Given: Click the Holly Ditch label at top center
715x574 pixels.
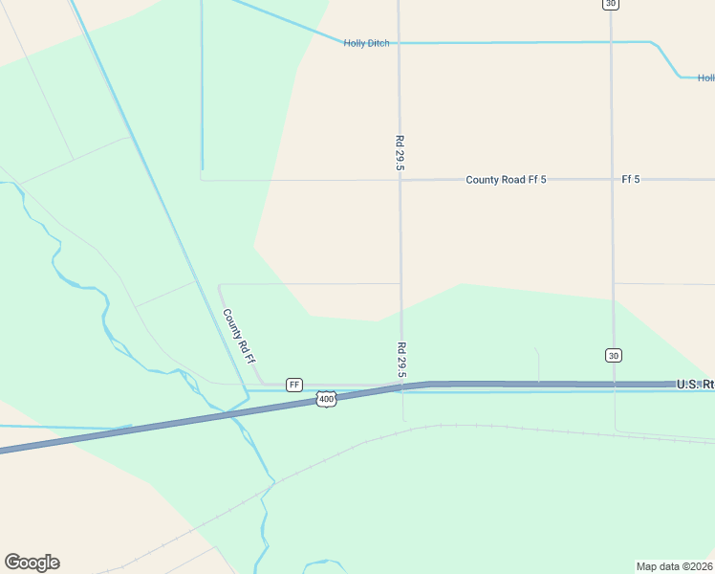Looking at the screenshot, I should (367, 43).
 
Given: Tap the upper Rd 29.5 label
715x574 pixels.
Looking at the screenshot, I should (400, 153).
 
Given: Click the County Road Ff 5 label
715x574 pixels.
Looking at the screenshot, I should (506, 180).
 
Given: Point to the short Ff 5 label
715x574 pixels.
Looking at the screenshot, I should (630, 180).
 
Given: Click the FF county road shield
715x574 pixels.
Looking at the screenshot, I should (294, 384).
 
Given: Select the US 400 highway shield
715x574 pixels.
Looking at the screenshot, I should (327, 399).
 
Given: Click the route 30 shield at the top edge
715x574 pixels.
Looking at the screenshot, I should (610, 4).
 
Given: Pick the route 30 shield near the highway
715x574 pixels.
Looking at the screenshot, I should (613, 355).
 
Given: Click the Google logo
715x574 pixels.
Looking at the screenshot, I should (32, 563).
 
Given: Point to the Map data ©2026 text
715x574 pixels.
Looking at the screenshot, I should (675, 565).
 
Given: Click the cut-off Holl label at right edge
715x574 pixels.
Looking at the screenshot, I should (705, 78).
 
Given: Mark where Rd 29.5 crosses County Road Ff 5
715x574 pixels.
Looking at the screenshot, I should (400, 180).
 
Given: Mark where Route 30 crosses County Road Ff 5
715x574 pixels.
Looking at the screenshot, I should (612, 180).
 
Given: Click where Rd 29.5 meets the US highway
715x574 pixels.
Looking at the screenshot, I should (401, 386).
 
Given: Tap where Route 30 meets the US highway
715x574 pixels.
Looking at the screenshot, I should (613, 384).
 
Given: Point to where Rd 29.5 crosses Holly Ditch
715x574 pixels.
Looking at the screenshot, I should (399, 43).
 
